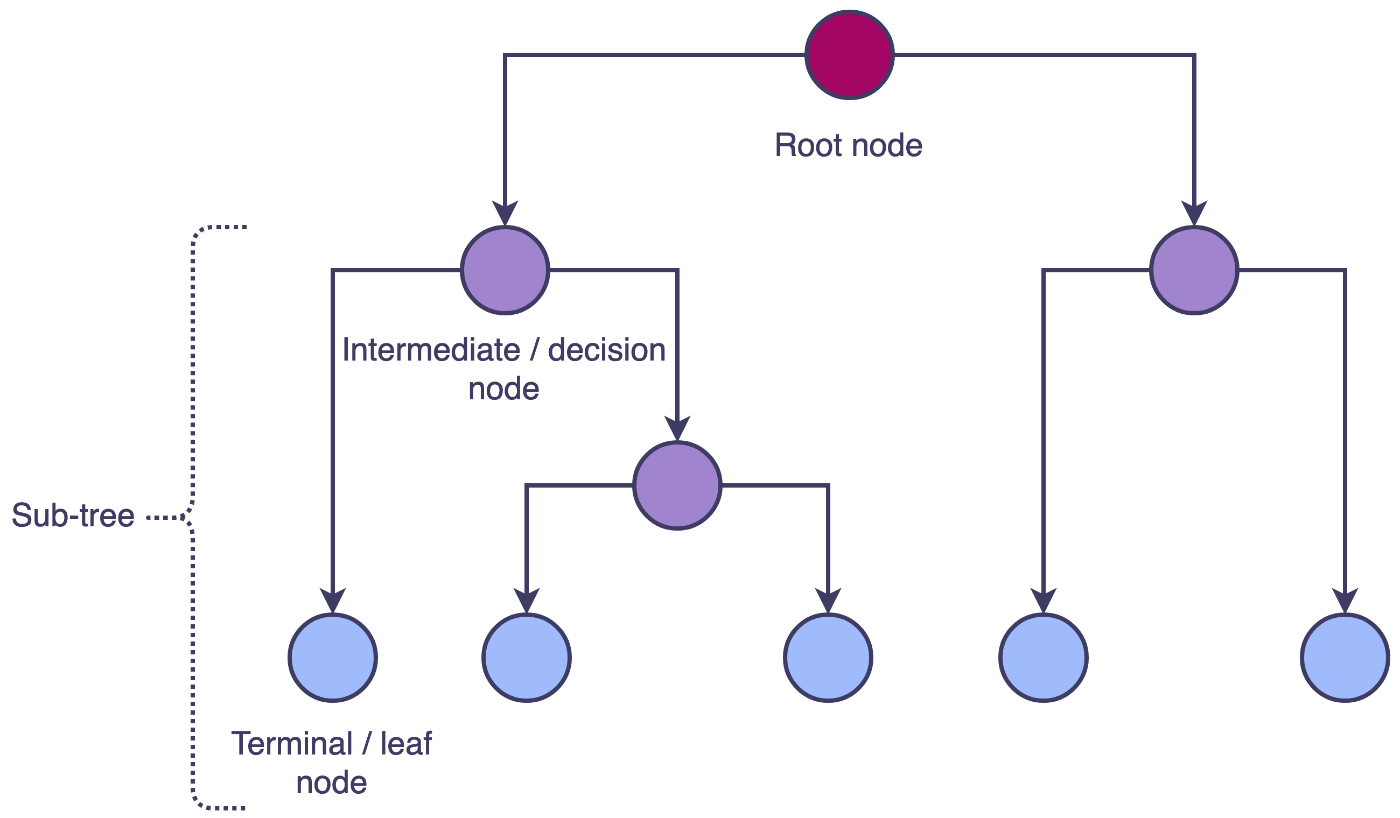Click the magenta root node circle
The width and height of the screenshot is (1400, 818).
tap(850, 55)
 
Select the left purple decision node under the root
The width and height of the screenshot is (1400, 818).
tap(505, 271)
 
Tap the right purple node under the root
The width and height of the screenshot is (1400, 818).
tap(1194, 271)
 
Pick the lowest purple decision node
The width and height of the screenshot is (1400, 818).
tap(677, 485)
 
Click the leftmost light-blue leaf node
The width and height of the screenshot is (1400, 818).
tap(333, 658)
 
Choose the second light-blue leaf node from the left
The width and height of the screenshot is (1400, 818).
tap(526, 658)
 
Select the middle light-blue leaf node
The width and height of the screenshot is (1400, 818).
tap(828, 658)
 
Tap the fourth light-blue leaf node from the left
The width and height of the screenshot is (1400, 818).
tap(1044, 658)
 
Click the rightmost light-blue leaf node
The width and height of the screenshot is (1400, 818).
tap(1345, 658)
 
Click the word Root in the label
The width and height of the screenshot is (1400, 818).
tap(809, 145)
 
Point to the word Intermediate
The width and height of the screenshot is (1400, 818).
tap(431, 350)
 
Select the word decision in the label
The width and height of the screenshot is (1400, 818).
tap(607, 350)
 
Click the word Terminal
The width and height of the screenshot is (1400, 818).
tap(292, 744)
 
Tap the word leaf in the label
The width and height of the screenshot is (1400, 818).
tap(405, 744)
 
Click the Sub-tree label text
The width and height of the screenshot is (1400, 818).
tap(73, 516)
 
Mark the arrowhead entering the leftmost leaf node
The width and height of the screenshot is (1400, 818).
tap(333, 601)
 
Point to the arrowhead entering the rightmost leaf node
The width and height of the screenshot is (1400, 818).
tap(1345, 601)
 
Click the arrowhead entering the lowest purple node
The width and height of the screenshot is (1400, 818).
tap(677, 428)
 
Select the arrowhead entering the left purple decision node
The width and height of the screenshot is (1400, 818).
tap(505, 213)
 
